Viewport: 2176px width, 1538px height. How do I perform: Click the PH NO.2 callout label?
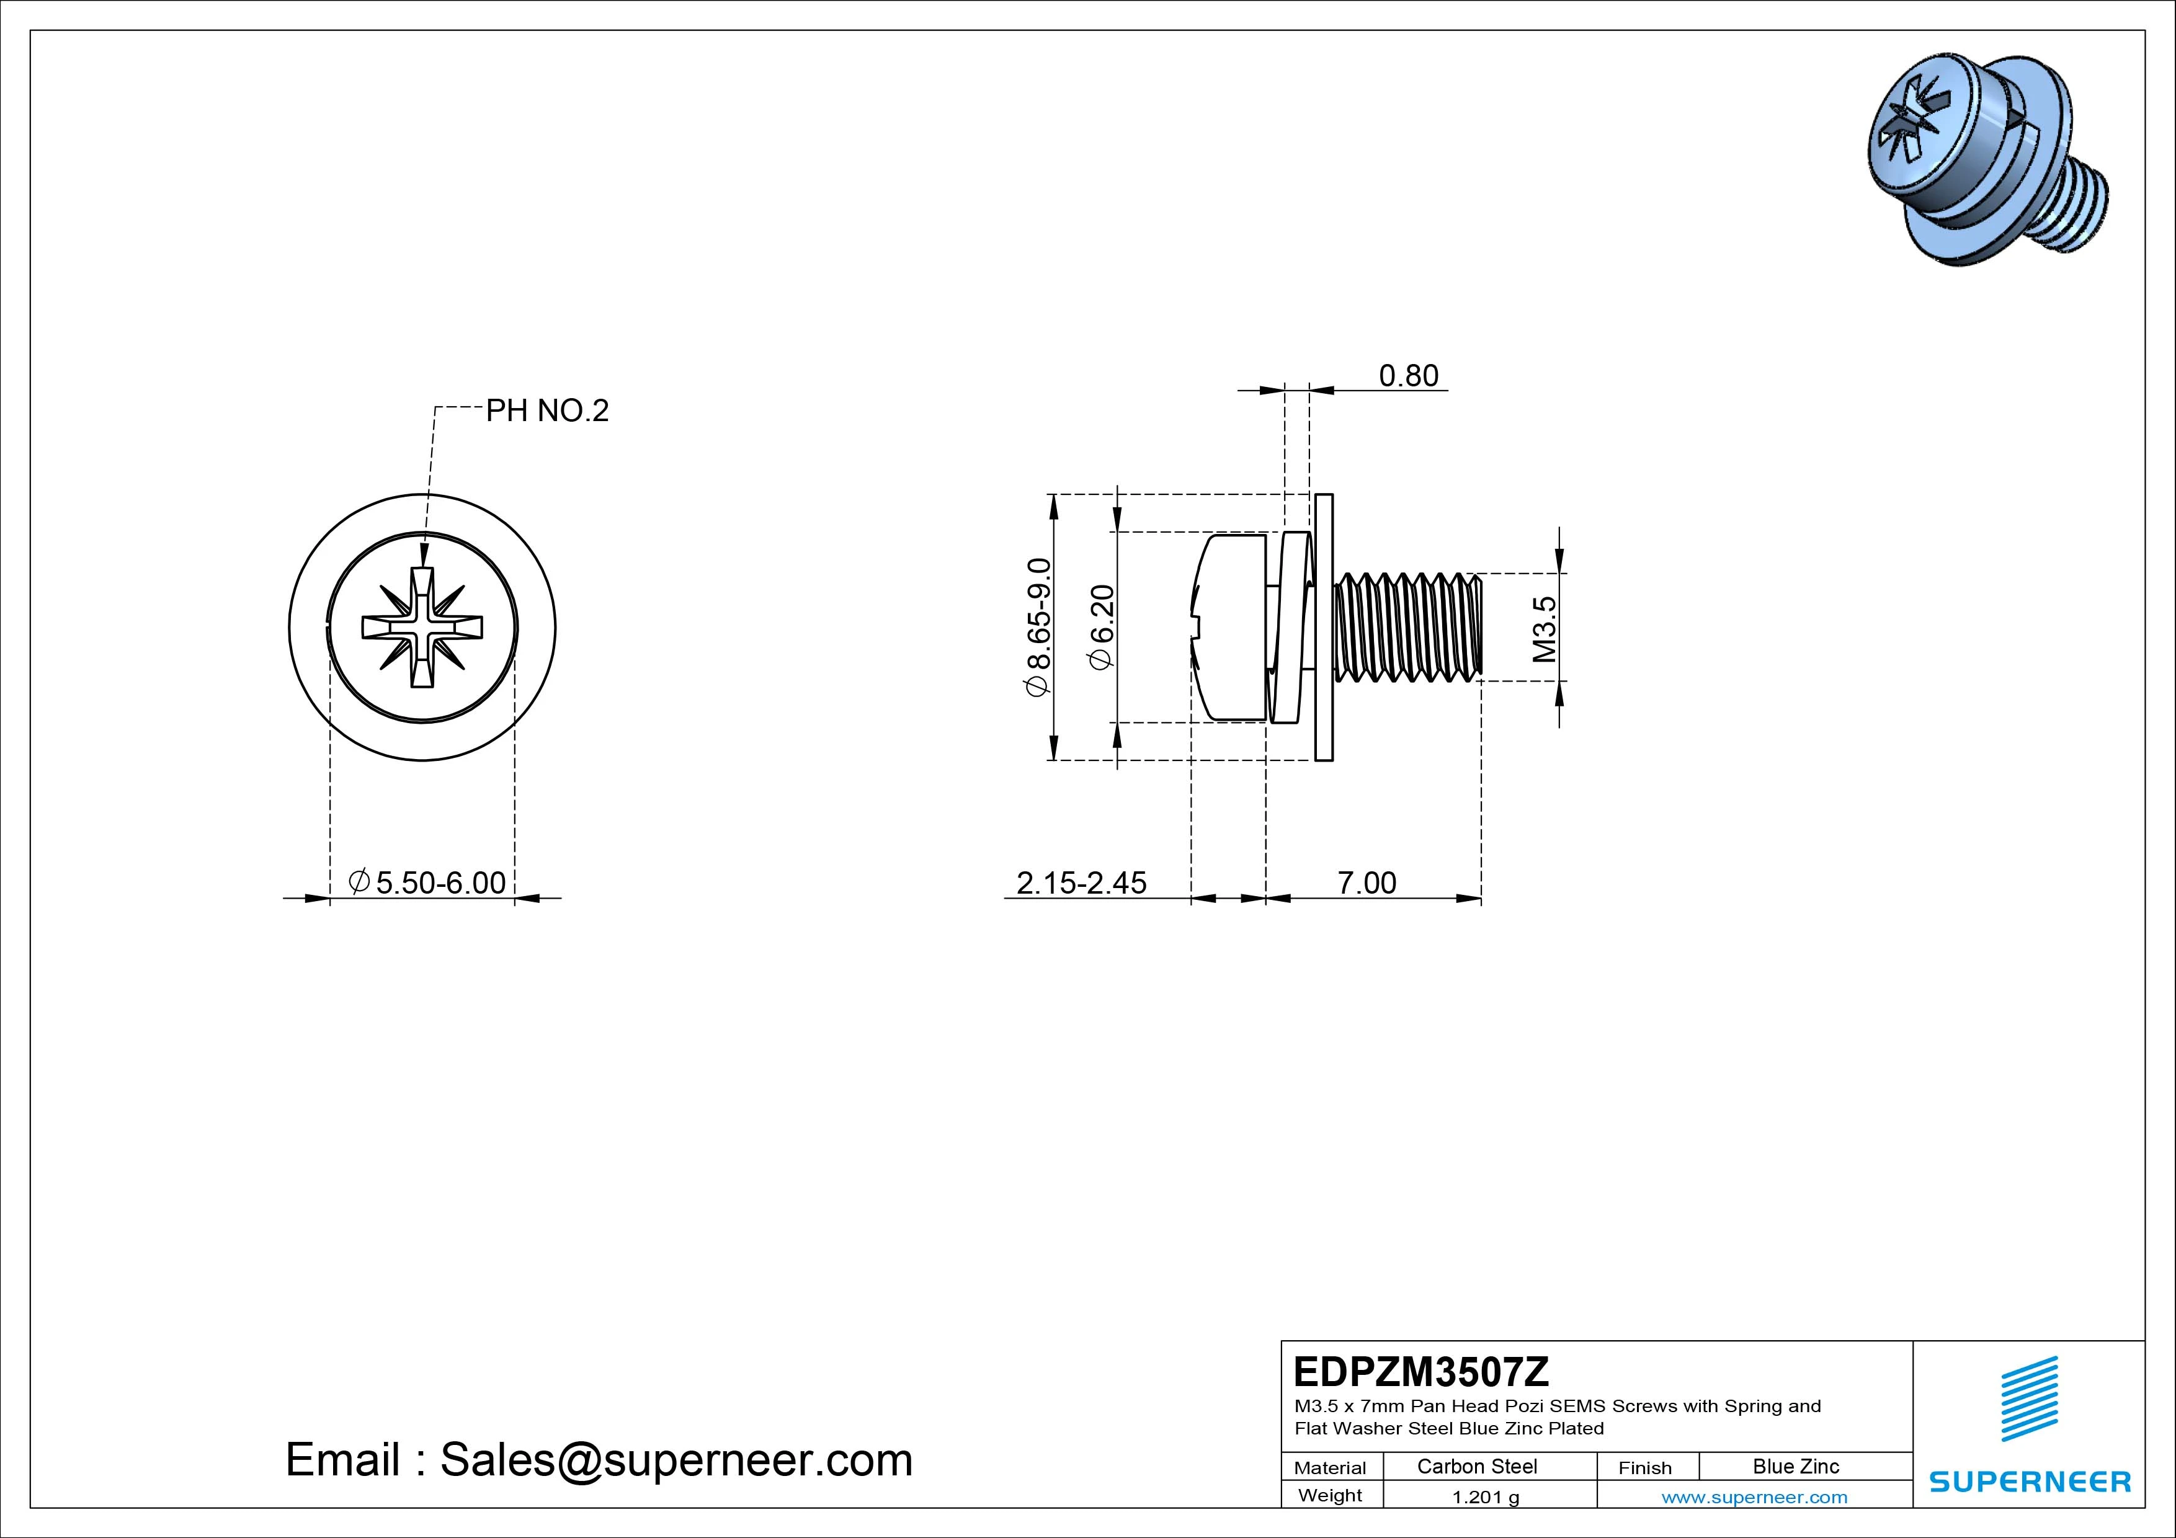pyautogui.click(x=547, y=411)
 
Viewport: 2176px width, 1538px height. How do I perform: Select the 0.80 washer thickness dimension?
pyautogui.click(x=1407, y=376)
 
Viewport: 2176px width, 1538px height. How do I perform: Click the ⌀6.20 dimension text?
pyautogui.click(x=1102, y=628)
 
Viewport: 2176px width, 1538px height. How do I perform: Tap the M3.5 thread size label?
pyautogui.click(x=1544, y=628)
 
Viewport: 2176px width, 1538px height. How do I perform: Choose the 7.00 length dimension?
pyautogui.click(x=1366, y=882)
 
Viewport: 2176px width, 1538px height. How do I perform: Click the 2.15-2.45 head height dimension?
pyautogui.click(x=1081, y=882)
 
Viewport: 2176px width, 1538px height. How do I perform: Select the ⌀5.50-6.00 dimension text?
pyautogui.click(x=429, y=882)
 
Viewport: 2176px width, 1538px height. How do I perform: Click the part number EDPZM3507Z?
pyautogui.click(x=1420, y=1371)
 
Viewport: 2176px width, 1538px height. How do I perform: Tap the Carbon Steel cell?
pyautogui.click(x=1476, y=1466)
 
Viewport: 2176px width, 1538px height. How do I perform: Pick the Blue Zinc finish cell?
pyautogui.click(x=1795, y=1466)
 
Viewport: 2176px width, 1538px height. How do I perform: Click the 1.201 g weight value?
pyautogui.click(x=1485, y=1497)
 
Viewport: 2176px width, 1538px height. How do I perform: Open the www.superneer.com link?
pyautogui.click(x=1754, y=1497)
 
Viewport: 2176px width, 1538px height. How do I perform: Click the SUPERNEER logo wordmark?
pyautogui.click(x=2029, y=1481)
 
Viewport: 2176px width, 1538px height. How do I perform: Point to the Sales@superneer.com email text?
pyautogui.click(x=676, y=1459)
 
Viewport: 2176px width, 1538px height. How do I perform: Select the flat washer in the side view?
pyautogui.click(x=1324, y=628)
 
